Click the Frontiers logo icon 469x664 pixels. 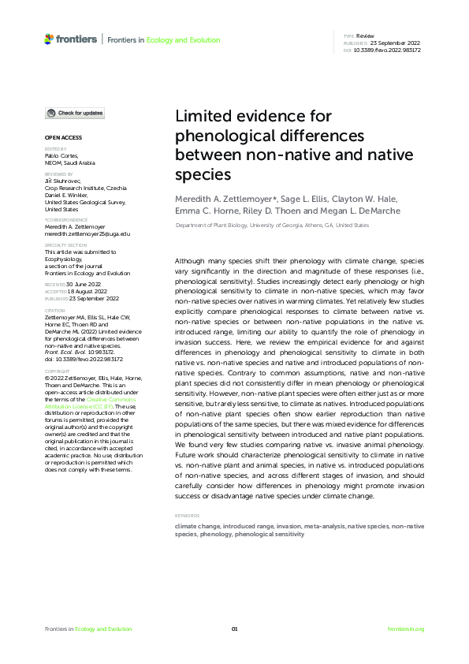[49, 38]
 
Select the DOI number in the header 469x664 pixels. [389, 50]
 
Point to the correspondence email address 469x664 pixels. [87, 234]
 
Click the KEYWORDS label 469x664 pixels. [187, 516]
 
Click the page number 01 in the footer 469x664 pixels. [234, 629]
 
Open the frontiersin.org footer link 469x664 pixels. [406, 629]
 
